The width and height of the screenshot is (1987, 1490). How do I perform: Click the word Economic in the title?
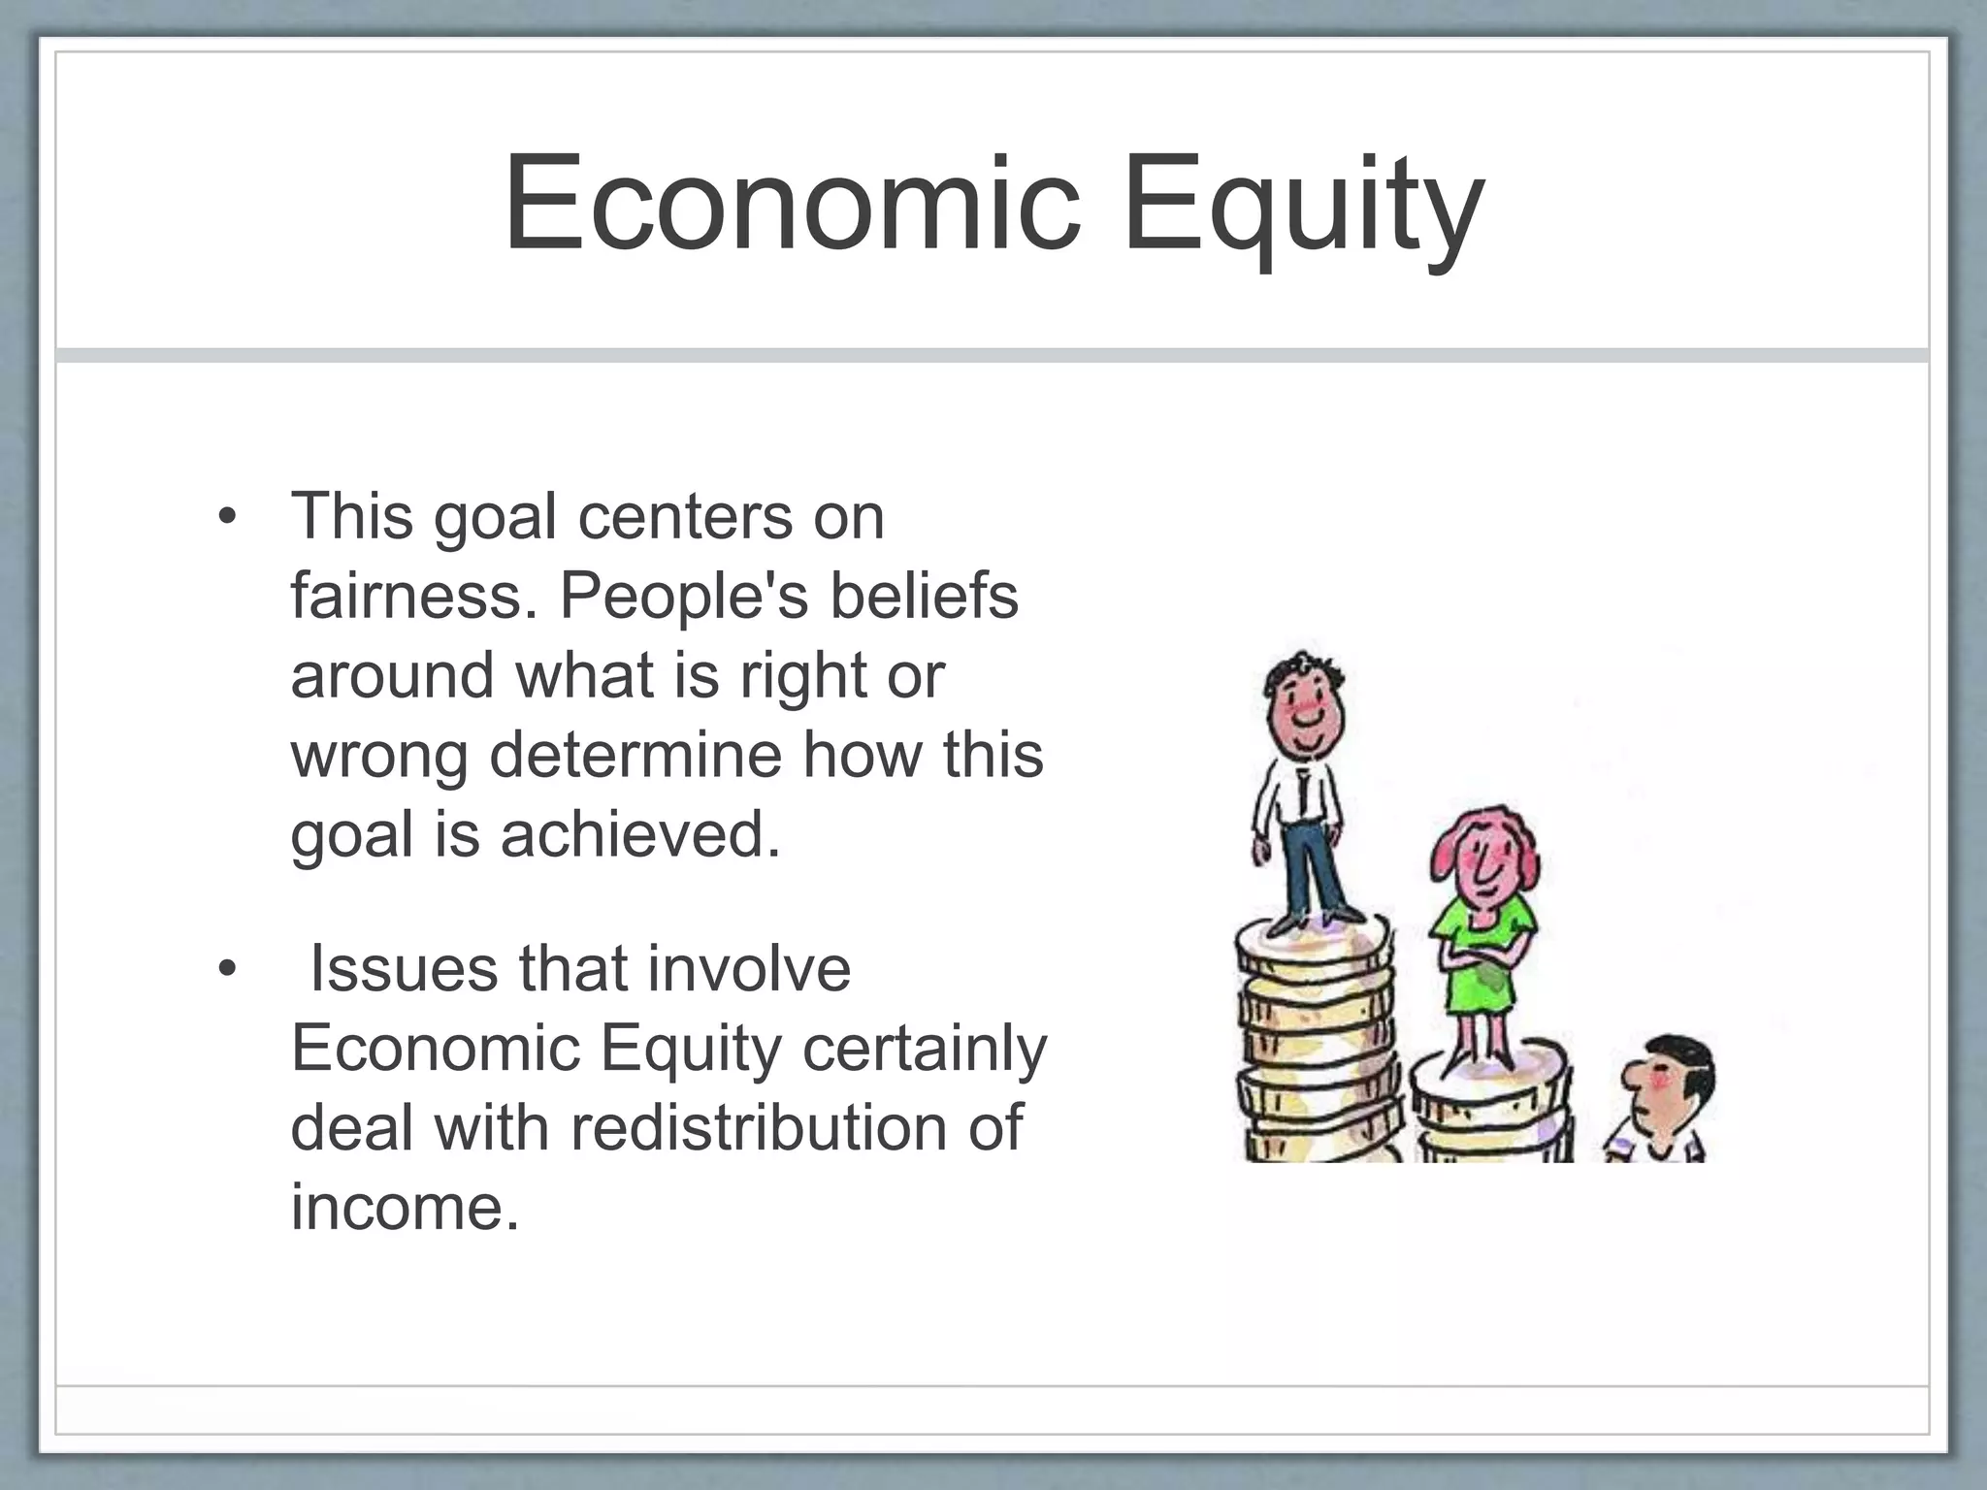tap(791, 206)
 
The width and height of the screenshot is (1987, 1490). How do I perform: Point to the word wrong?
tap(379, 755)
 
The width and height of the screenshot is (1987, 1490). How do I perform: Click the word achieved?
tap(640, 834)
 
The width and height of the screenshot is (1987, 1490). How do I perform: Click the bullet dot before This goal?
tap(227, 516)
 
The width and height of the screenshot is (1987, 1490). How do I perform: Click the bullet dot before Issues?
tap(227, 968)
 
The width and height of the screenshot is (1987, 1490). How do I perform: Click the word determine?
tap(635, 755)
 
